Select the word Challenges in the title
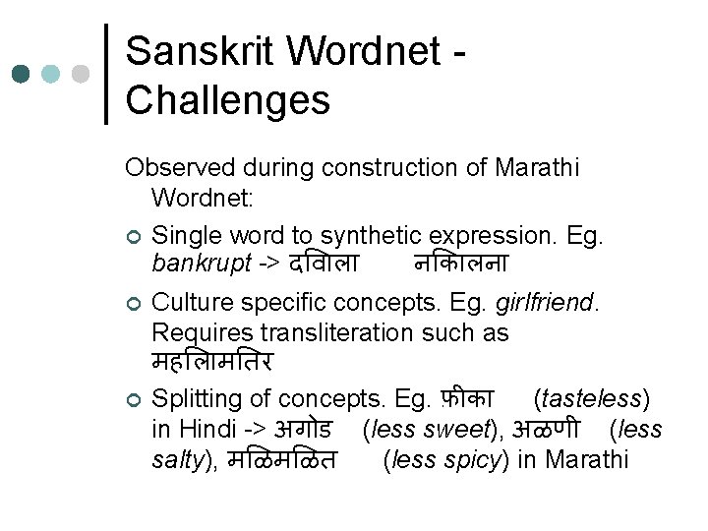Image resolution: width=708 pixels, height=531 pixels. tap(228, 99)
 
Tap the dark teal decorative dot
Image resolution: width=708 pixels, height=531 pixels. tap(21, 75)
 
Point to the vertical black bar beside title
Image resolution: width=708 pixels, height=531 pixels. tap(107, 75)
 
